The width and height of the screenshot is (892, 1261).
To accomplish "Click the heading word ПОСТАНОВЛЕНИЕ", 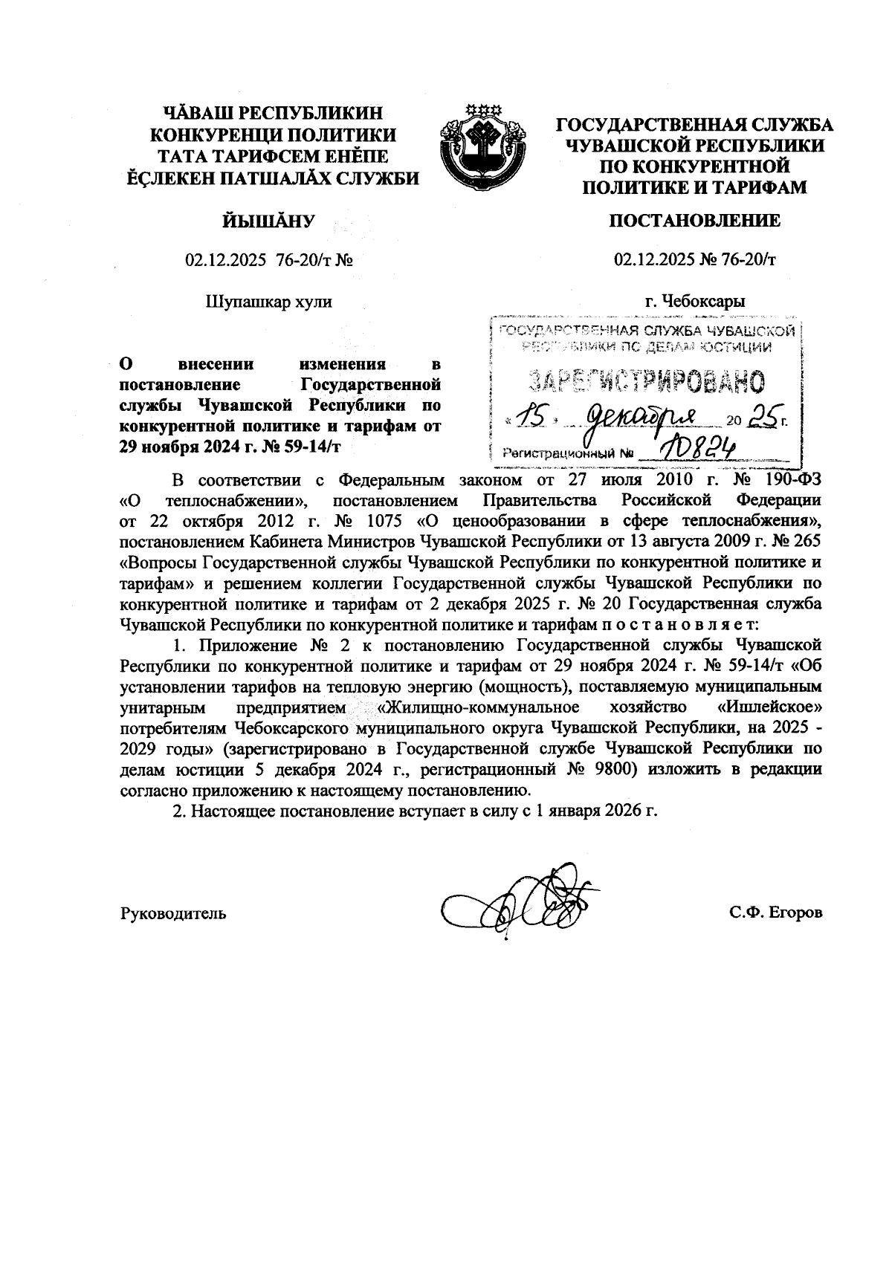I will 695,221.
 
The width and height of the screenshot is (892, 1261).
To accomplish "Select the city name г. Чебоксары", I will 695,301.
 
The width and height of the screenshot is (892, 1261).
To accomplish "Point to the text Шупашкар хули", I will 268,301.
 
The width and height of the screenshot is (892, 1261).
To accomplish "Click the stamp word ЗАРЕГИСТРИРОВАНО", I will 645,380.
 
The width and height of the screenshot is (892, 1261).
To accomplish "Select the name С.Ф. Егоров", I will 776,913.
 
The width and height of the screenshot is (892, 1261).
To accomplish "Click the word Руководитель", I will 173,913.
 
